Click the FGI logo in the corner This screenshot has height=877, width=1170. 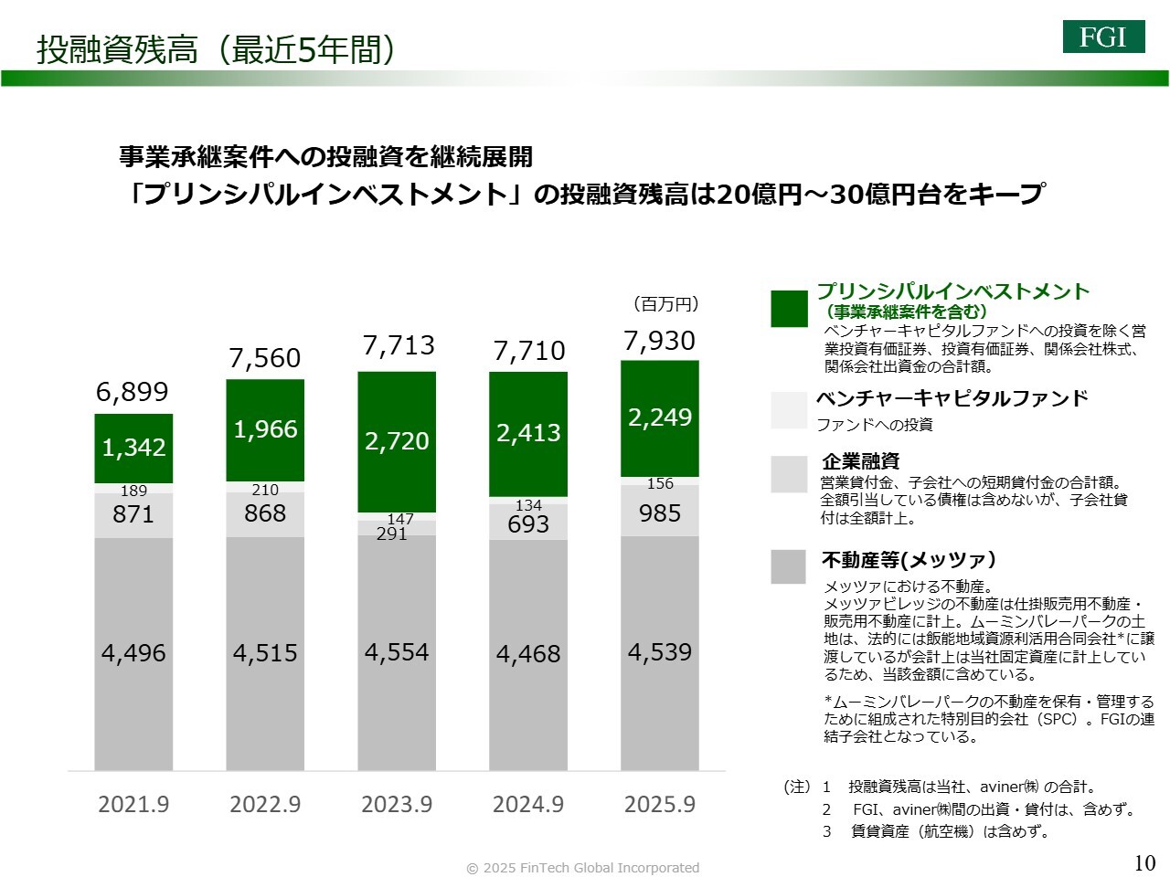coord(1103,37)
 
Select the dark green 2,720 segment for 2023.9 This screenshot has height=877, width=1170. coord(397,441)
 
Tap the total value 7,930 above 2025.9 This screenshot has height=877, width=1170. coord(659,341)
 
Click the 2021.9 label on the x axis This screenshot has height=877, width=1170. coord(133,805)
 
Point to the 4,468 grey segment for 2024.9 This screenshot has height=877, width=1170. coord(528,654)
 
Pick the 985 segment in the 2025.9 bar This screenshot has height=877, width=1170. coord(659,512)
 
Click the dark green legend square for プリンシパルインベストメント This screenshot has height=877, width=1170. coord(789,309)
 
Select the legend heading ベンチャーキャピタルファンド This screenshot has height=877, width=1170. coord(952,398)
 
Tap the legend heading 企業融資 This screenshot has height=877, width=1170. coord(860,460)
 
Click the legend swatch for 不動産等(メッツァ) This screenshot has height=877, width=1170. coord(788,566)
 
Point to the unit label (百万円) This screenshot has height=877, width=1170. coord(665,304)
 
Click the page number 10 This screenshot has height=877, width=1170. coord(1144,862)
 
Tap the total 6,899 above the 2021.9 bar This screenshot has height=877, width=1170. coord(133,392)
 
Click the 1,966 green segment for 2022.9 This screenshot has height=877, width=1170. coord(265,429)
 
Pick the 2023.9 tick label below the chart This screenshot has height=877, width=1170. coord(397,805)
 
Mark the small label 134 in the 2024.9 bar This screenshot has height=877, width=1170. coord(528,505)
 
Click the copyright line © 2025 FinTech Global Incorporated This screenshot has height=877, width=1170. coord(583,868)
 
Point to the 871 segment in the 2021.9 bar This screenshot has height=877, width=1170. coord(133,514)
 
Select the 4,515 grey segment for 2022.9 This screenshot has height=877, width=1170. coord(265,653)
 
